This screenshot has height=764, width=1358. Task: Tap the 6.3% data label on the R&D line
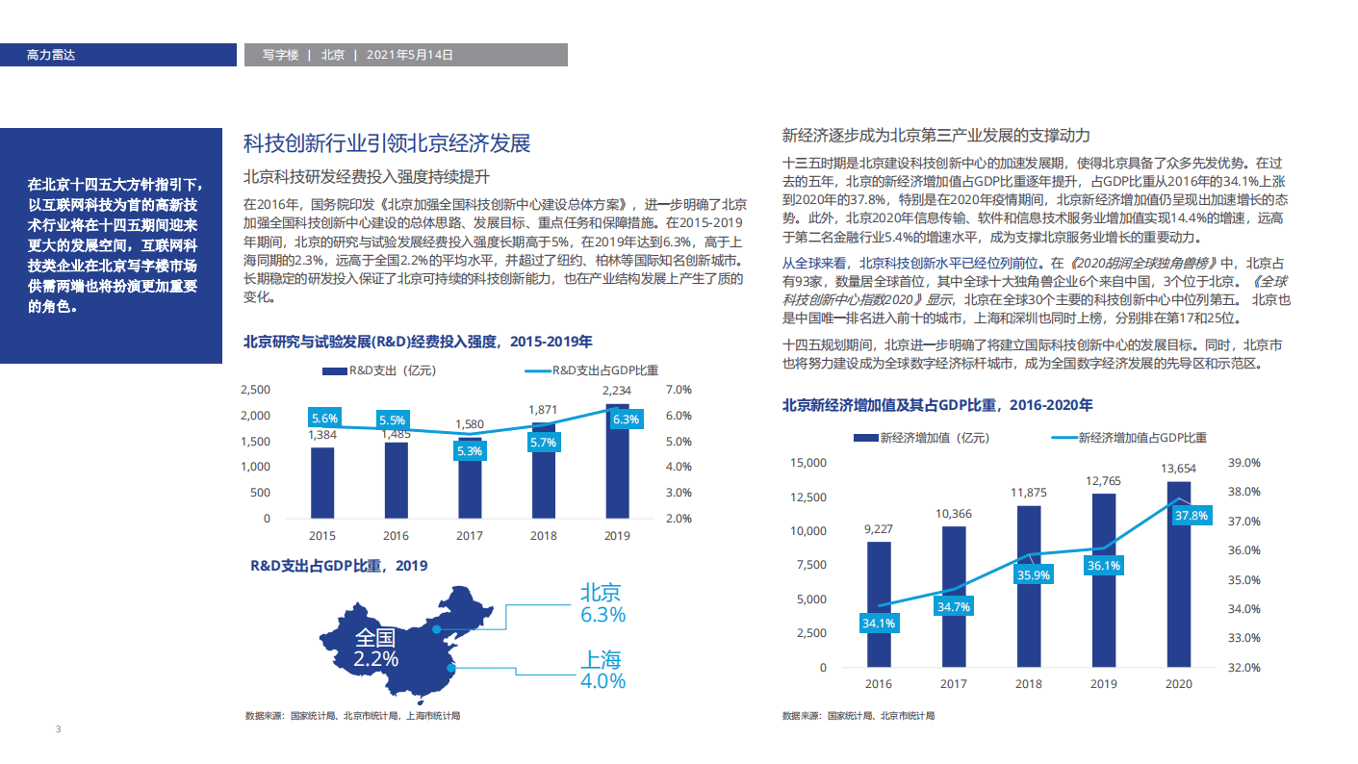pyautogui.click(x=626, y=420)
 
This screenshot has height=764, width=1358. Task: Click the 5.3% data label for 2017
pyautogui.click(x=470, y=450)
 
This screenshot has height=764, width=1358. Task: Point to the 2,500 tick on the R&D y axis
pyautogui.click(x=255, y=390)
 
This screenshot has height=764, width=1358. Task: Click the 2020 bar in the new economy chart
pyautogui.click(x=1178, y=577)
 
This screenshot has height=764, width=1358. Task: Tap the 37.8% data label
pyautogui.click(x=1191, y=516)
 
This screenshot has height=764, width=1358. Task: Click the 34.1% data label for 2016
pyautogui.click(x=879, y=623)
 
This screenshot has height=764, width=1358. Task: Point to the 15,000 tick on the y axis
pyautogui.click(x=807, y=463)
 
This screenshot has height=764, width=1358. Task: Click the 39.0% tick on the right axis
pyautogui.click(x=1244, y=463)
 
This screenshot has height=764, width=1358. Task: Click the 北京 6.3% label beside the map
pyautogui.click(x=602, y=603)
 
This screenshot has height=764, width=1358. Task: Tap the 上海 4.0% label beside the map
pyautogui.click(x=602, y=670)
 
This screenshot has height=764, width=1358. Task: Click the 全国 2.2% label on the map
pyautogui.click(x=375, y=649)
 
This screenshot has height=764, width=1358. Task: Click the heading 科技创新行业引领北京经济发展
pyautogui.click(x=387, y=144)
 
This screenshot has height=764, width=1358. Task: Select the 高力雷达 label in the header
pyautogui.click(x=51, y=55)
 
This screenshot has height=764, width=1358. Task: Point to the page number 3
pyautogui.click(x=58, y=729)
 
